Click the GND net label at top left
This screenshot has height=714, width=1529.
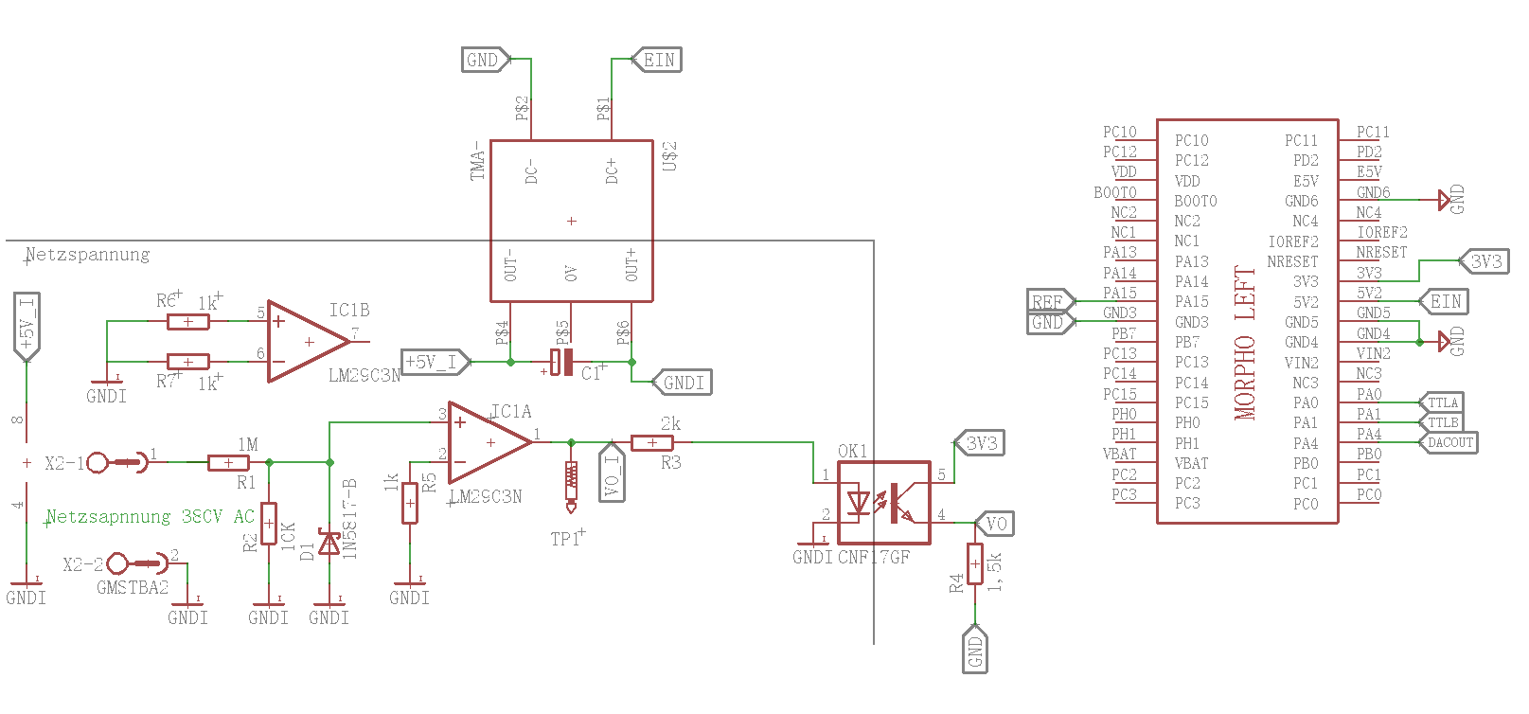point(485,61)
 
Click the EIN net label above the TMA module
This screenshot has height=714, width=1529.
point(657,61)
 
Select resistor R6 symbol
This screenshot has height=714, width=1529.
point(188,322)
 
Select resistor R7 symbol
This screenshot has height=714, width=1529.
point(188,362)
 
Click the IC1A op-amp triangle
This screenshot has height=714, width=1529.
point(486,442)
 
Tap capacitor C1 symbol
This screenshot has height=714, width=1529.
point(562,363)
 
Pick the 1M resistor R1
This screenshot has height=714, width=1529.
point(228,463)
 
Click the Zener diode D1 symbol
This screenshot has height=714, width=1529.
point(329,543)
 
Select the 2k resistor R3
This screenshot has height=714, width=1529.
point(651,442)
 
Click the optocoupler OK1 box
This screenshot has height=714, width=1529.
point(883,502)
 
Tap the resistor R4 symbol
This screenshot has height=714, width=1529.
point(975,564)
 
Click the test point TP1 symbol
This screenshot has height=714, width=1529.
point(571,483)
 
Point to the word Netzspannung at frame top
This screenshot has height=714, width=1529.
point(87,255)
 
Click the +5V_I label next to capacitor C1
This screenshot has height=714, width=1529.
point(434,362)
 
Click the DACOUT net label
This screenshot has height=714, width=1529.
point(1449,442)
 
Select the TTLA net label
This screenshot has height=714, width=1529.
point(1443,402)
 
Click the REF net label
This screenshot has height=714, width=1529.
point(1048,302)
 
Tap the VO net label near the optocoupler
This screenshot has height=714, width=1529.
point(995,524)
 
